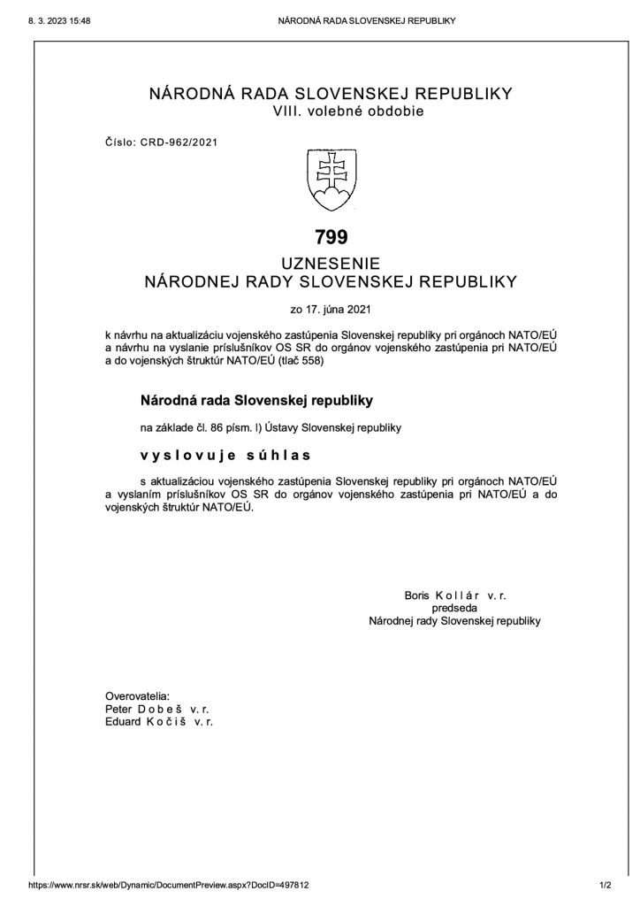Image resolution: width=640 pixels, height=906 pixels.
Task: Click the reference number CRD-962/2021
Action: (x=182, y=141)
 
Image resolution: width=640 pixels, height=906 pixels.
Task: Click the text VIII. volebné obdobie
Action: (x=349, y=111)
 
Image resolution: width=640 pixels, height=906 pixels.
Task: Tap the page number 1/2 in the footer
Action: (x=606, y=884)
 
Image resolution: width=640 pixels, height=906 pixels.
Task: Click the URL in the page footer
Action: (x=169, y=884)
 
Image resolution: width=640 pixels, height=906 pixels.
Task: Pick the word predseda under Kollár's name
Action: (x=453, y=609)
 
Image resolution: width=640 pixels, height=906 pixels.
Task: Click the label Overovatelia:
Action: (x=136, y=696)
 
